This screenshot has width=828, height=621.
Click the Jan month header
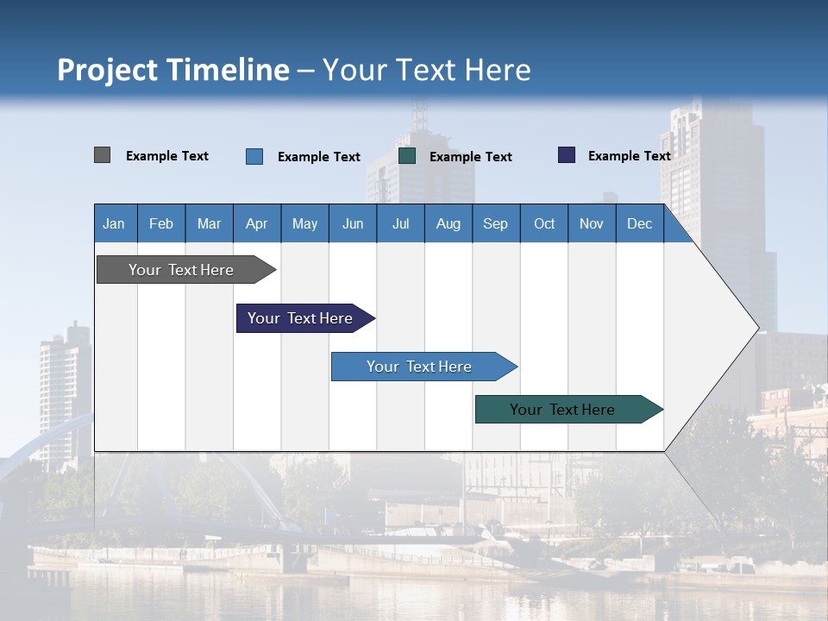point(114,224)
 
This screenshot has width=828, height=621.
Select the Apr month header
point(256,224)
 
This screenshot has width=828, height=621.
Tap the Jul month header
point(400,224)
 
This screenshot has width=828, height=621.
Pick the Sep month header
point(495,224)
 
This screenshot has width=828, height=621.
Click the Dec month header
point(639,224)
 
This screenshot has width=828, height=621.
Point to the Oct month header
point(544,224)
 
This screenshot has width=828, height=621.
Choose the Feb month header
point(161,224)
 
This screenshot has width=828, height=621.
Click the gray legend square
point(102,155)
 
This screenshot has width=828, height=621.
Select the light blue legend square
point(254,156)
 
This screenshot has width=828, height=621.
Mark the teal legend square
point(407,155)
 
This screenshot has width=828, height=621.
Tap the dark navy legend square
point(567,155)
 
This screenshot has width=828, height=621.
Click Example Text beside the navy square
point(629,156)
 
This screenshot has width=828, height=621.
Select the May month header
point(304,224)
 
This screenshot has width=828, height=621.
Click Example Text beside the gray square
point(167,156)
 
